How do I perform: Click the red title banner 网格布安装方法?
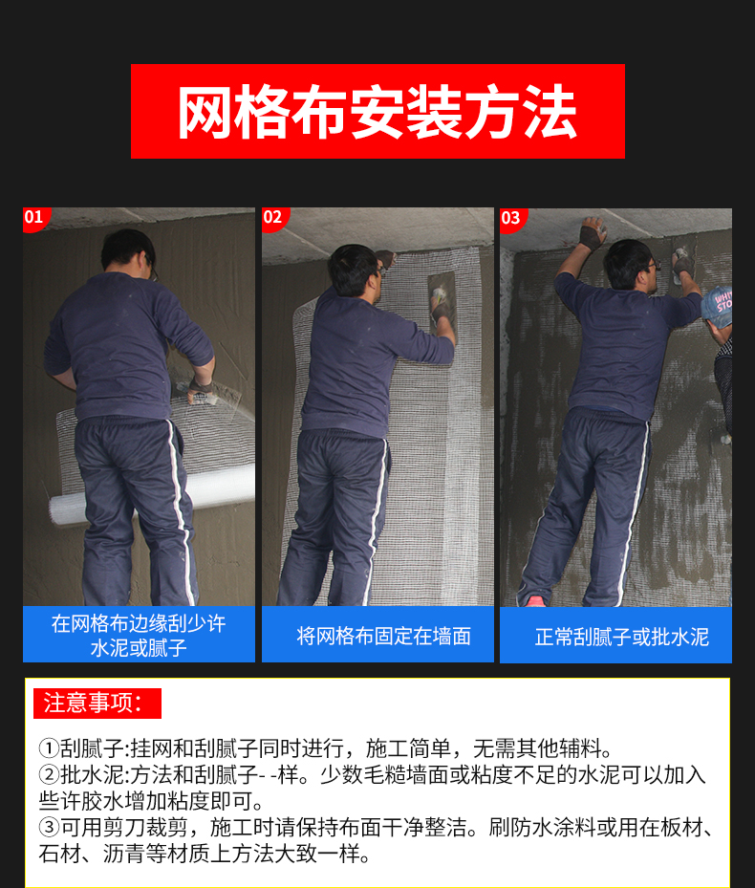click(x=377, y=111)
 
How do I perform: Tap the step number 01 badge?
click(x=35, y=218)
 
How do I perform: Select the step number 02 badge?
click(x=273, y=218)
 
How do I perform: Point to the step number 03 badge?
click(x=512, y=218)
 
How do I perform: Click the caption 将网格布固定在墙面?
click(x=383, y=636)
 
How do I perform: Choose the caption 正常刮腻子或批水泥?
click(x=621, y=637)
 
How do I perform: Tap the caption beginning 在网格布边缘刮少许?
click(x=139, y=636)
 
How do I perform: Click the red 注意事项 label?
click(x=97, y=704)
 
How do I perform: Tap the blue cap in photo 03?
click(x=718, y=307)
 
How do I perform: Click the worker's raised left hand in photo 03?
click(x=593, y=233)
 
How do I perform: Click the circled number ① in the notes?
click(x=49, y=748)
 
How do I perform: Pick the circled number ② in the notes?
click(x=49, y=775)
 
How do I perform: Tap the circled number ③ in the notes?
click(x=49, y=828)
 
